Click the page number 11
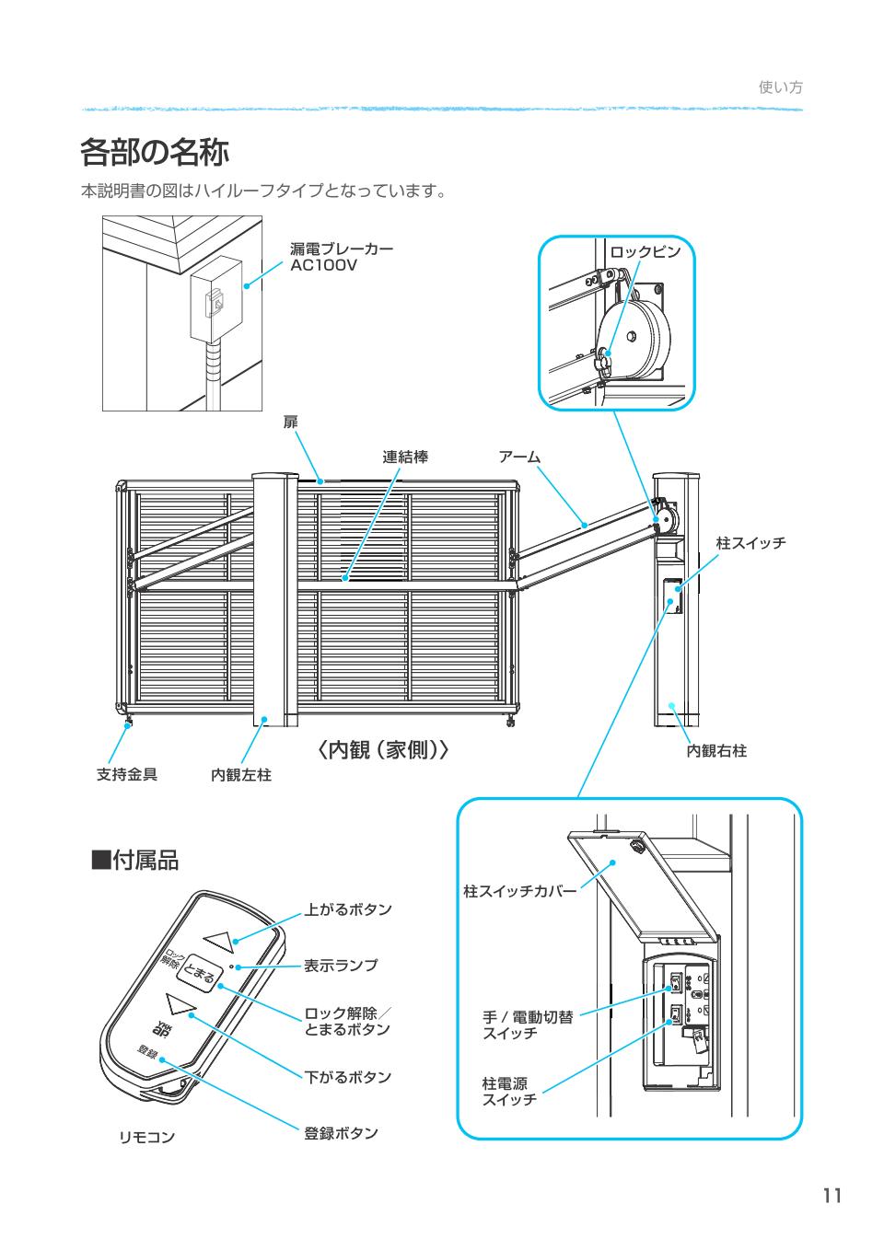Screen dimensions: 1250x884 click(832, 1196)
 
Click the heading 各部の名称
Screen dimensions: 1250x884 click(155, 152)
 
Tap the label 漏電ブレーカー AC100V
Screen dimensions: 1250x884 click(341, 257)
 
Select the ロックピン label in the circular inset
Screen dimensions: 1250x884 click(645, 251)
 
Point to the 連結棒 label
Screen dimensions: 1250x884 click(405, 457)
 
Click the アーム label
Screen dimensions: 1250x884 click(519, 457)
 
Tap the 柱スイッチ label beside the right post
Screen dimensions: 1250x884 click(750, 543)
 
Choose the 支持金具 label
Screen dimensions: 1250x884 click(127, 774)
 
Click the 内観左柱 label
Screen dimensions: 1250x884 click(241, 775)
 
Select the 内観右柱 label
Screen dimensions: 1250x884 click(716, 751)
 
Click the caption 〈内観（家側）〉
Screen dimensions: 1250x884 click(382, 750)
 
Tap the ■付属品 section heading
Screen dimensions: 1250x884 click(134, 861)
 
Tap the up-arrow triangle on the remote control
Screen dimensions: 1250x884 click(221, 940)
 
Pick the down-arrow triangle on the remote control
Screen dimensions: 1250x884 click(180, 1002)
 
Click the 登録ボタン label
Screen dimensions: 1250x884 click(341, 1132)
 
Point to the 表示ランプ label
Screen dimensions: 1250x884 click(341, 966)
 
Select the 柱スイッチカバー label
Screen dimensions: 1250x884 click(519, 892)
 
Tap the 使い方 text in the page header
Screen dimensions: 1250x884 click(780, 87)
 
